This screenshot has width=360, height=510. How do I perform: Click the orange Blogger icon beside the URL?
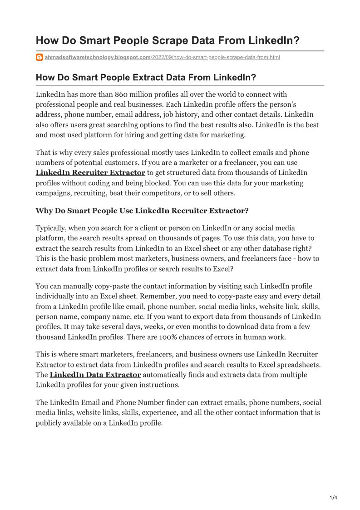39,58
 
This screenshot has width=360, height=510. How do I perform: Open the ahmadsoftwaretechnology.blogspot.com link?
98,58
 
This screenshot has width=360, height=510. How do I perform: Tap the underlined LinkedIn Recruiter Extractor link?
90,173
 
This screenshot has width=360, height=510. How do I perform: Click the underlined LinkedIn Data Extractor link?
95,375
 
